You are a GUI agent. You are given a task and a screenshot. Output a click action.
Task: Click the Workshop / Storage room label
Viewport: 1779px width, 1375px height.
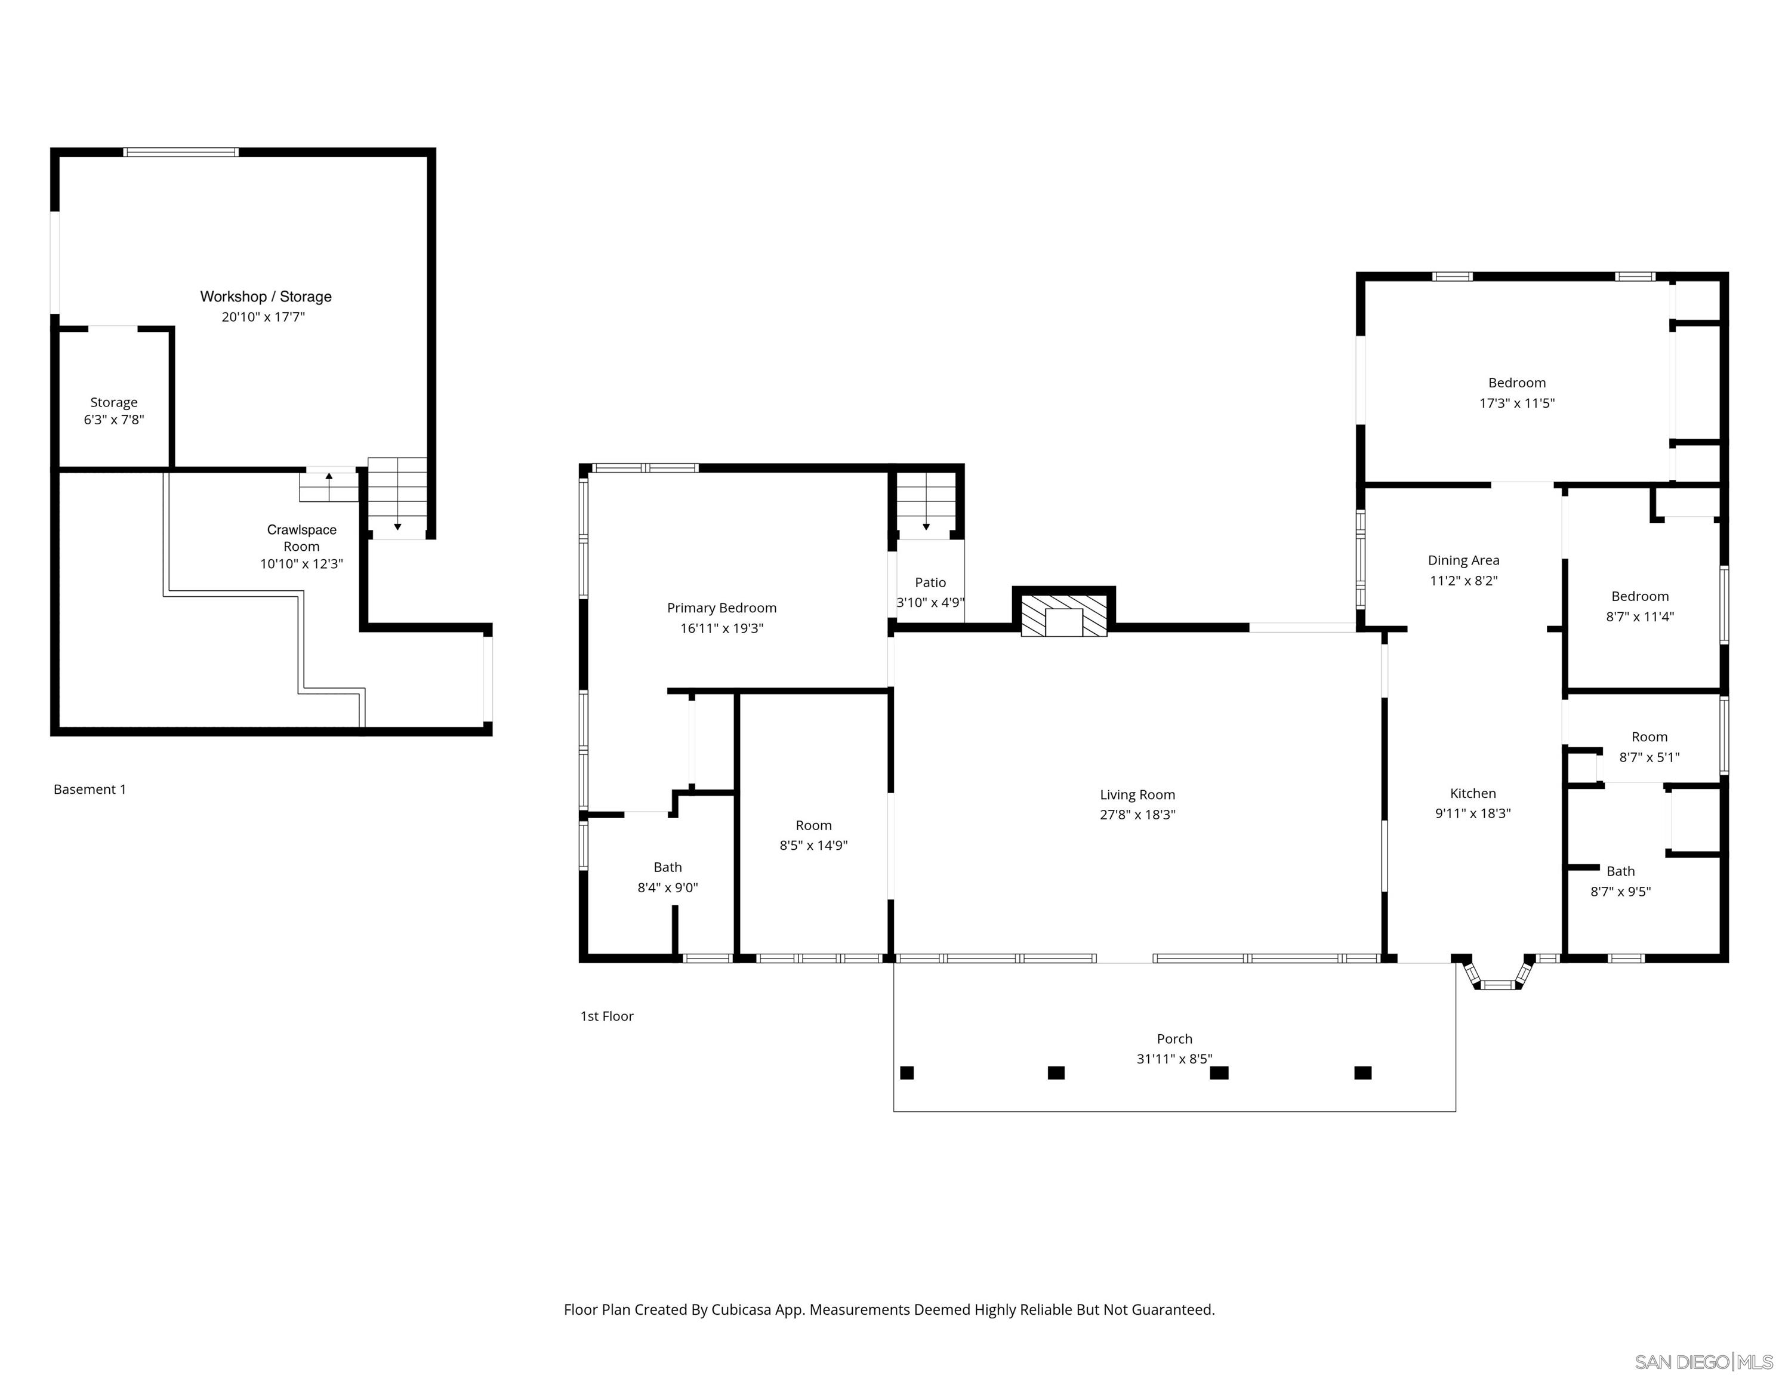266,297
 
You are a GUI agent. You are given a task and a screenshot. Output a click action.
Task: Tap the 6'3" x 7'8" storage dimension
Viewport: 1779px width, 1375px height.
114,420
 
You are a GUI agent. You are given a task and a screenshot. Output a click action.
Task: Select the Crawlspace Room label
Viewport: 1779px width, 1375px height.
301,538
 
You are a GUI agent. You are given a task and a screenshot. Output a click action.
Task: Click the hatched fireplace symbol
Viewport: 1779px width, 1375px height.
1064,616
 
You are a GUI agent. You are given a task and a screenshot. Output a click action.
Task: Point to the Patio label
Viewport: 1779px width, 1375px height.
930,582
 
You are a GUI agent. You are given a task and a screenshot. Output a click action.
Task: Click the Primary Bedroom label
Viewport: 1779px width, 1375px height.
722,608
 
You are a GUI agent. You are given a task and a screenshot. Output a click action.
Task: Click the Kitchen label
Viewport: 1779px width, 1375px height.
1473,793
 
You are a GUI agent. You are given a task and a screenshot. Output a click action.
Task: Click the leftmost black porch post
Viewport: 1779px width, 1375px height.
907,1073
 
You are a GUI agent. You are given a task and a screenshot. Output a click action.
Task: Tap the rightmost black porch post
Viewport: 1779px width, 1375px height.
1363,1073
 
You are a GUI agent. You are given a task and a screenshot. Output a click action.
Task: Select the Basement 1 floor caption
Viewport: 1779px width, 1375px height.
90,790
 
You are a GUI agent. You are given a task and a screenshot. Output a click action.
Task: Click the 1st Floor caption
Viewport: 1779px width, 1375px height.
607,1016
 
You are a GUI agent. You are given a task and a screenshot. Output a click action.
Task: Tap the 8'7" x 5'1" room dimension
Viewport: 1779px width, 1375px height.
1649,757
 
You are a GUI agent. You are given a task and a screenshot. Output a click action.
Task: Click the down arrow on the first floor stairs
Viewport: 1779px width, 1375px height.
926,526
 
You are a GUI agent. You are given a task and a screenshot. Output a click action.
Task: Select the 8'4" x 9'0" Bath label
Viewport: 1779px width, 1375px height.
667,868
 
